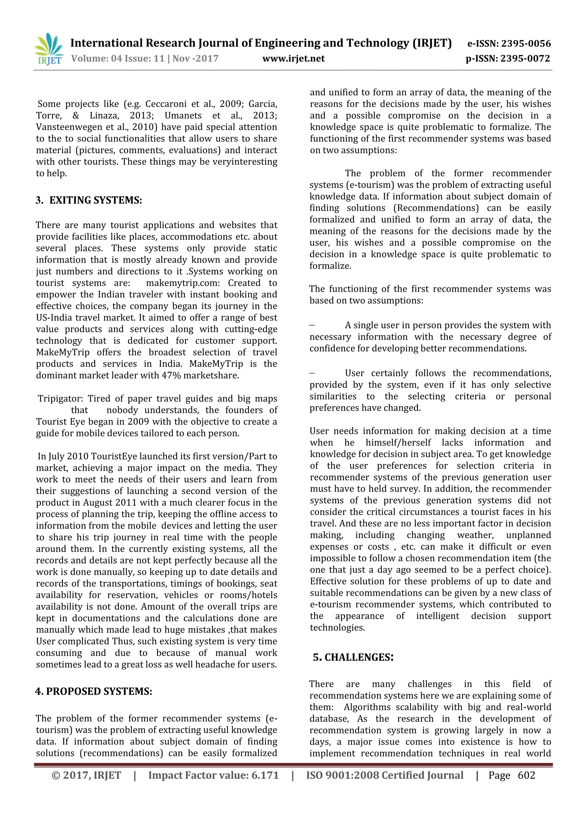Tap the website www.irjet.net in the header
click(x=293, y=58)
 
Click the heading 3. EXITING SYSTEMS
click(x=89, y=200)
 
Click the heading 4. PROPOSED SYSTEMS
click(x=94, y=691)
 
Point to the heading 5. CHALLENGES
click(x=353, y=657)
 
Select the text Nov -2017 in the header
click(x=195, y=58)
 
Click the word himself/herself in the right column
click(x=398, y=443)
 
